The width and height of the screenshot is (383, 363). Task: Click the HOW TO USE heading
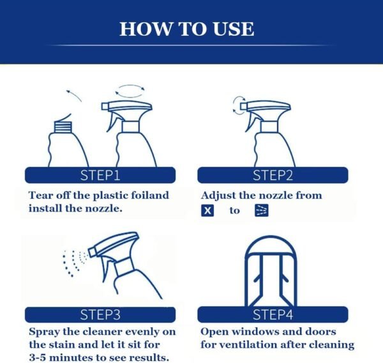[x=186, y=29]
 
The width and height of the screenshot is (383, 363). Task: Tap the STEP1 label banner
[x=100, y=175]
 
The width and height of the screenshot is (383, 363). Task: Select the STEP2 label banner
[x=272, y=175]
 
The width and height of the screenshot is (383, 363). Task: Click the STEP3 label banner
[x=100, y=314]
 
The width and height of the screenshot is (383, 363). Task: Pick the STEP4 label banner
[x=272, y=314]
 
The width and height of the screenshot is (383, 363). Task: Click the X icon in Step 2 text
[x=207, y=210]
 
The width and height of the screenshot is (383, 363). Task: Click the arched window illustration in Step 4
[x=273, y=268]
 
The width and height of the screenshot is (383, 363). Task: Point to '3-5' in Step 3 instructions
[x=41, y=357]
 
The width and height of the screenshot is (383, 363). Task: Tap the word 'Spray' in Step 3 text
[x=45, y=332]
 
